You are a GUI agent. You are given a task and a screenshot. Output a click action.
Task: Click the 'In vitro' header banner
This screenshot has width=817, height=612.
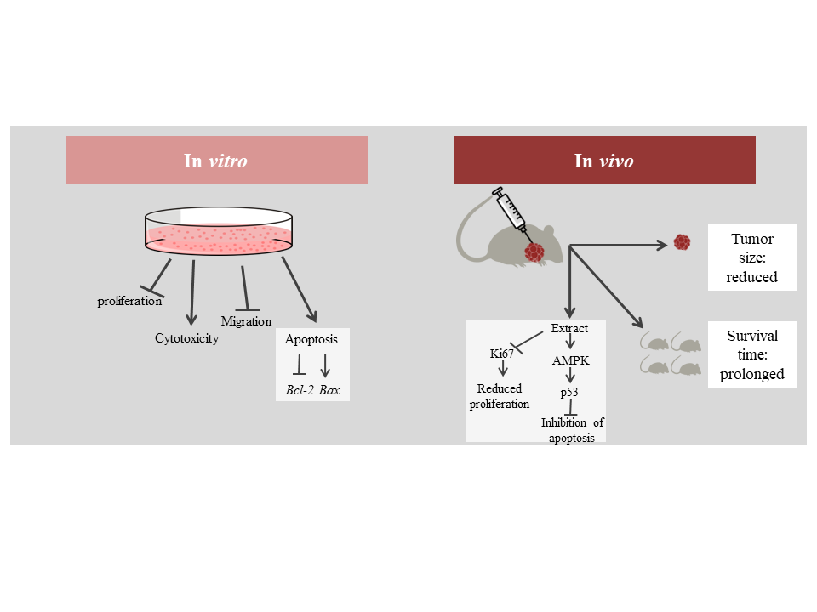216,160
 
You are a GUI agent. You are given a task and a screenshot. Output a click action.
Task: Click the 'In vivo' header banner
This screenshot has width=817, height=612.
604,160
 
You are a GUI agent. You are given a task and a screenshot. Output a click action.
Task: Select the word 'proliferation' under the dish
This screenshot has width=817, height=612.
129,301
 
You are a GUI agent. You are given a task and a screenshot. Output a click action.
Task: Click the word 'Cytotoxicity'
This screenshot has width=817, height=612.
186,338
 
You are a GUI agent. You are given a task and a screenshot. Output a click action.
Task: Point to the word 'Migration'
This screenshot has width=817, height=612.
246,321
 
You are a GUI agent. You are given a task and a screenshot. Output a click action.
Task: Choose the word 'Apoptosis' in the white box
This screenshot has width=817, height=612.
311,339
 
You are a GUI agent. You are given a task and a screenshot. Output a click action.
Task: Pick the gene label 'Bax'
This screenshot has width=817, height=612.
329,392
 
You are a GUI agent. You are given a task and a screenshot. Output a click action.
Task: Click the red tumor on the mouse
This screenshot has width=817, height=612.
535,252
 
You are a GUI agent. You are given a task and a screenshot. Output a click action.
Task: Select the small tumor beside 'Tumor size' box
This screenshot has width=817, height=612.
682,242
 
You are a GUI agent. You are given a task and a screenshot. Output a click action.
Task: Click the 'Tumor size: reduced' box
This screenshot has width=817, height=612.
751,258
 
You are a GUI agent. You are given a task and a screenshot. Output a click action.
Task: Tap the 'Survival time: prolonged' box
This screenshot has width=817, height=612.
751,354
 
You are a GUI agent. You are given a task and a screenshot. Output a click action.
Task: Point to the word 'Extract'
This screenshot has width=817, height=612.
569,328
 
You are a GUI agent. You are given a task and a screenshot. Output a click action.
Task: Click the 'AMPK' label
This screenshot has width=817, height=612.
570,360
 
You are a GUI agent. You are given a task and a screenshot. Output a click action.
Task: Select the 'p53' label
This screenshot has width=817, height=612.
569,393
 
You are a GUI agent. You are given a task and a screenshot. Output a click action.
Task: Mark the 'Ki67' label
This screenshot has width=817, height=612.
502,353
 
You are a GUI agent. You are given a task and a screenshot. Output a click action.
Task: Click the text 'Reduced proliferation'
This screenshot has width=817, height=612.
500,396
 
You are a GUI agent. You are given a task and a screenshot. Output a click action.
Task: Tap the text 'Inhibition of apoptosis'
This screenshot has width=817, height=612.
572,430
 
